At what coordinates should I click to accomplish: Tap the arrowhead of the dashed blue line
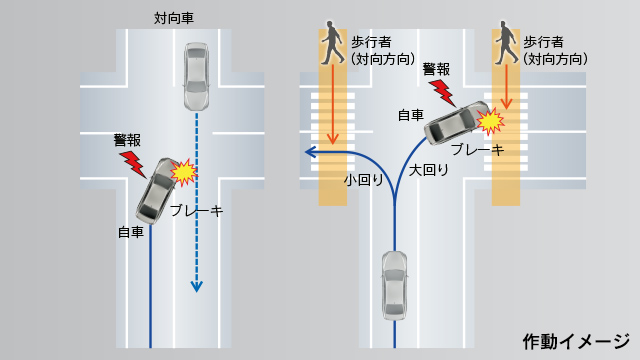(196, 286)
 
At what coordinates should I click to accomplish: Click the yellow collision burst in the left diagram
(184, 172)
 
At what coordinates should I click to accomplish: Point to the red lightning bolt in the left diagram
(132, 161)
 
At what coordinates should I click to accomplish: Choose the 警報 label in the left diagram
(128, 141)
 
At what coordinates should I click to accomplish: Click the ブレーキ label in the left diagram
(196, 211)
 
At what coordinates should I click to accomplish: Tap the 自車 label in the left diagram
(131, 232)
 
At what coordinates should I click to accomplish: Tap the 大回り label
(429, 170)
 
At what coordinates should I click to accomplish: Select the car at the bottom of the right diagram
(395, 285)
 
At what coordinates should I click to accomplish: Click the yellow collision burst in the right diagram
(490, 122)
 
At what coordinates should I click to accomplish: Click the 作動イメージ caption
(575, 341)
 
